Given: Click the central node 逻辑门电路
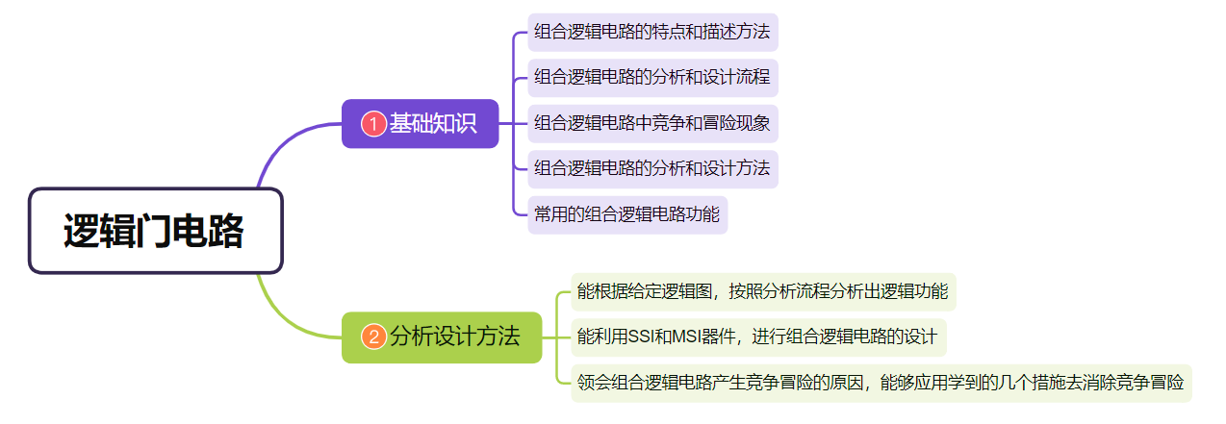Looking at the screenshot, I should point(155,231).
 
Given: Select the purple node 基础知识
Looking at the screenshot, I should point(420,124).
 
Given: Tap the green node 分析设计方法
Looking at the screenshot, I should point(442,337).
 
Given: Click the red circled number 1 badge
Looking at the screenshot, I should point(373,124).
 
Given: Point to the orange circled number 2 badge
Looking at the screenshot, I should point(373,337).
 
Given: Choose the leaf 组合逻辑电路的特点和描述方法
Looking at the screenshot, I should point(651,32).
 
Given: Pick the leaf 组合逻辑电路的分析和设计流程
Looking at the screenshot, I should point(651,77).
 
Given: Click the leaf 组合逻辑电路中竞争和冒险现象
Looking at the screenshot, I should point(651,123).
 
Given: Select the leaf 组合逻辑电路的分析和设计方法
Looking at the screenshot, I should point(651,168).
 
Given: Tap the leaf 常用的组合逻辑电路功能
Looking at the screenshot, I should point(626,213).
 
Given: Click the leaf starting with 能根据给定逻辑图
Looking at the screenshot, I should point(762,291).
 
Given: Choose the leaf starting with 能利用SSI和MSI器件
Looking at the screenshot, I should point(757,337).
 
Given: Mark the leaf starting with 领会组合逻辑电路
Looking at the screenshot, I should point(880,382).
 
